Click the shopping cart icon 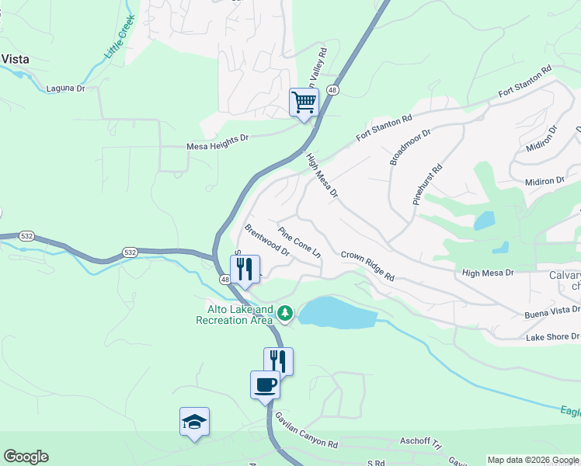click(x=304, y=102)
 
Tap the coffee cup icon click(x=265, y=384)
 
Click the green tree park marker click(x=287, y=313)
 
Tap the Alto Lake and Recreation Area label click(x=235, y=314)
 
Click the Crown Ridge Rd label click(x=368, y=266)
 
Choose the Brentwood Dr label click(x=266, y=241)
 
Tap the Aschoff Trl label click(x=420, y=439)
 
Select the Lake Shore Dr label click(x=552, y=337)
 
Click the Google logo click(x=26, y=457)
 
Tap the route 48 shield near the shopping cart click(x=332, y=90)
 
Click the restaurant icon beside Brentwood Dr click(x=245, y=269)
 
